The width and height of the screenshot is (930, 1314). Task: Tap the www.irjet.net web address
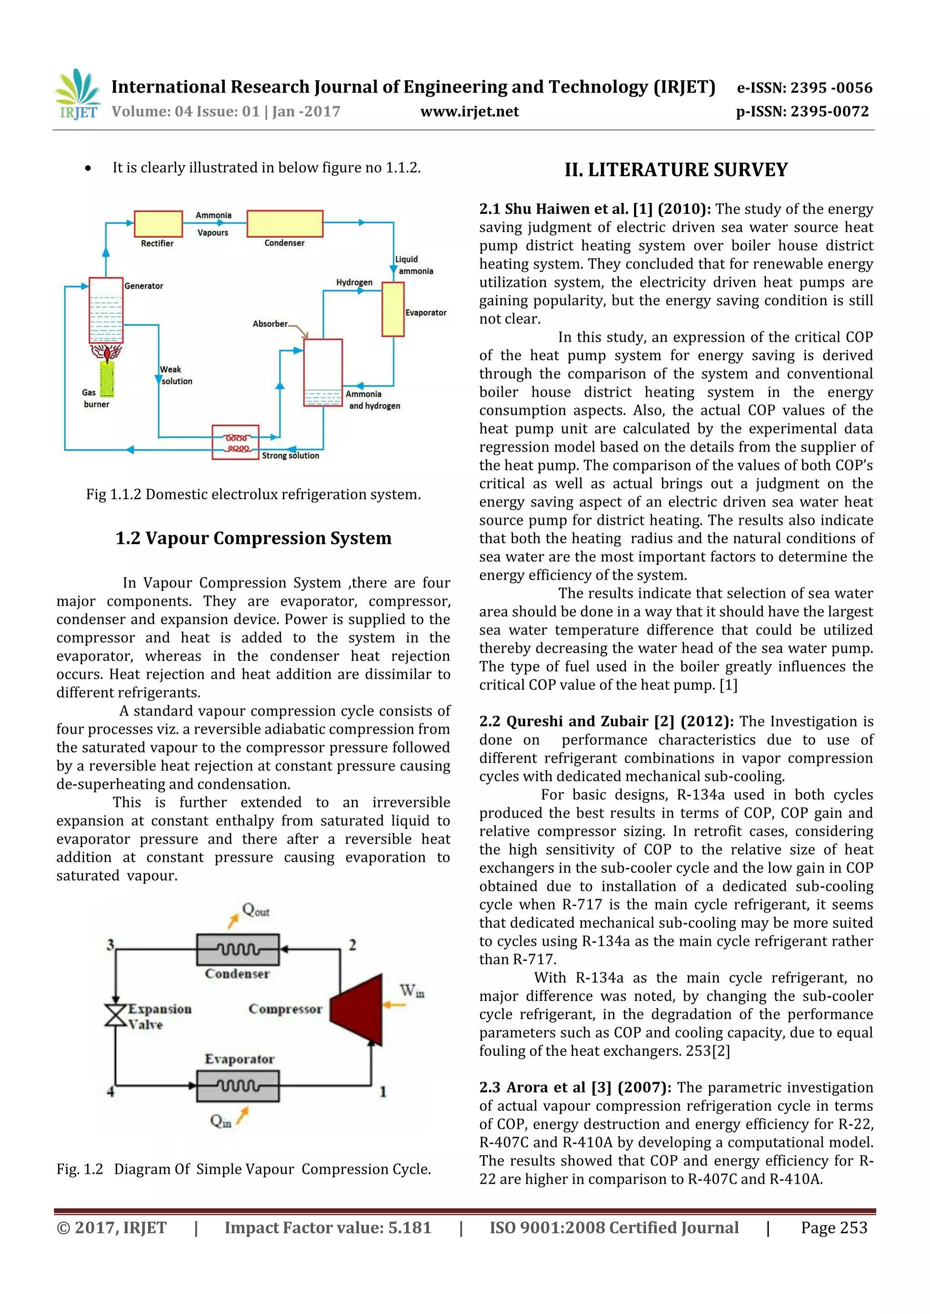tap(469, 112)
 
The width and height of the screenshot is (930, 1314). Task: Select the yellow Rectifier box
tap(158, 224)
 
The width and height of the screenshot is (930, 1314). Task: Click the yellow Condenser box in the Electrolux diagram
tap(285, 224)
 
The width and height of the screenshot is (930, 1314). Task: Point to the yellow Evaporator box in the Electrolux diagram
tap(393, 309)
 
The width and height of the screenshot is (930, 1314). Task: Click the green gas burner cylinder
tap(107, 379)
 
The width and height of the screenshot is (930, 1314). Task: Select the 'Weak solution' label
tap(176, 375)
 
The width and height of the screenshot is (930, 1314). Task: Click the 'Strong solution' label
tap(290, 456)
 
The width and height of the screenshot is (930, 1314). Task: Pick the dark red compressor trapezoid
tap(359, 1009)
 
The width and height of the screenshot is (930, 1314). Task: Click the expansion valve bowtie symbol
tap(116, 1015)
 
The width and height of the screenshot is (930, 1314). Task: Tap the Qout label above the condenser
tap(255, 910)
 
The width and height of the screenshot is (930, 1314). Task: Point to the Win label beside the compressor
tap(412, 991)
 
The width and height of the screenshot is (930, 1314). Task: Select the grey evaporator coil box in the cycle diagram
tap(237, 1086)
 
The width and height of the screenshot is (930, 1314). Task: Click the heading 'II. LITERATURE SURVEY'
tap(676, 170)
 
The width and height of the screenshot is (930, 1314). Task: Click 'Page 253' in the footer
tap(834, 1228)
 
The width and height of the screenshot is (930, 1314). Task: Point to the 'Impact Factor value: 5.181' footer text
tap(327, 1228)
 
